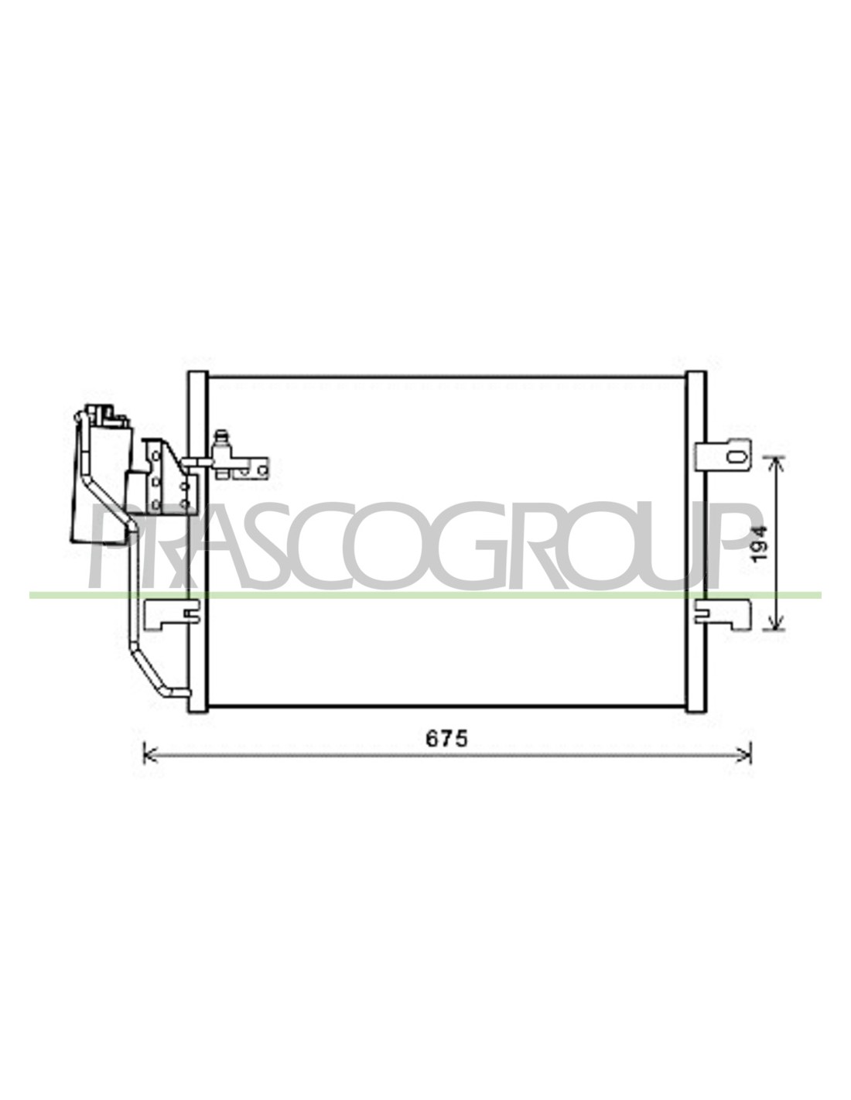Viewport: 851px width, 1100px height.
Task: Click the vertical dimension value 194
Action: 759,544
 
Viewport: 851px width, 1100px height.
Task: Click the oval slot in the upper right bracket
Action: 734,456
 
